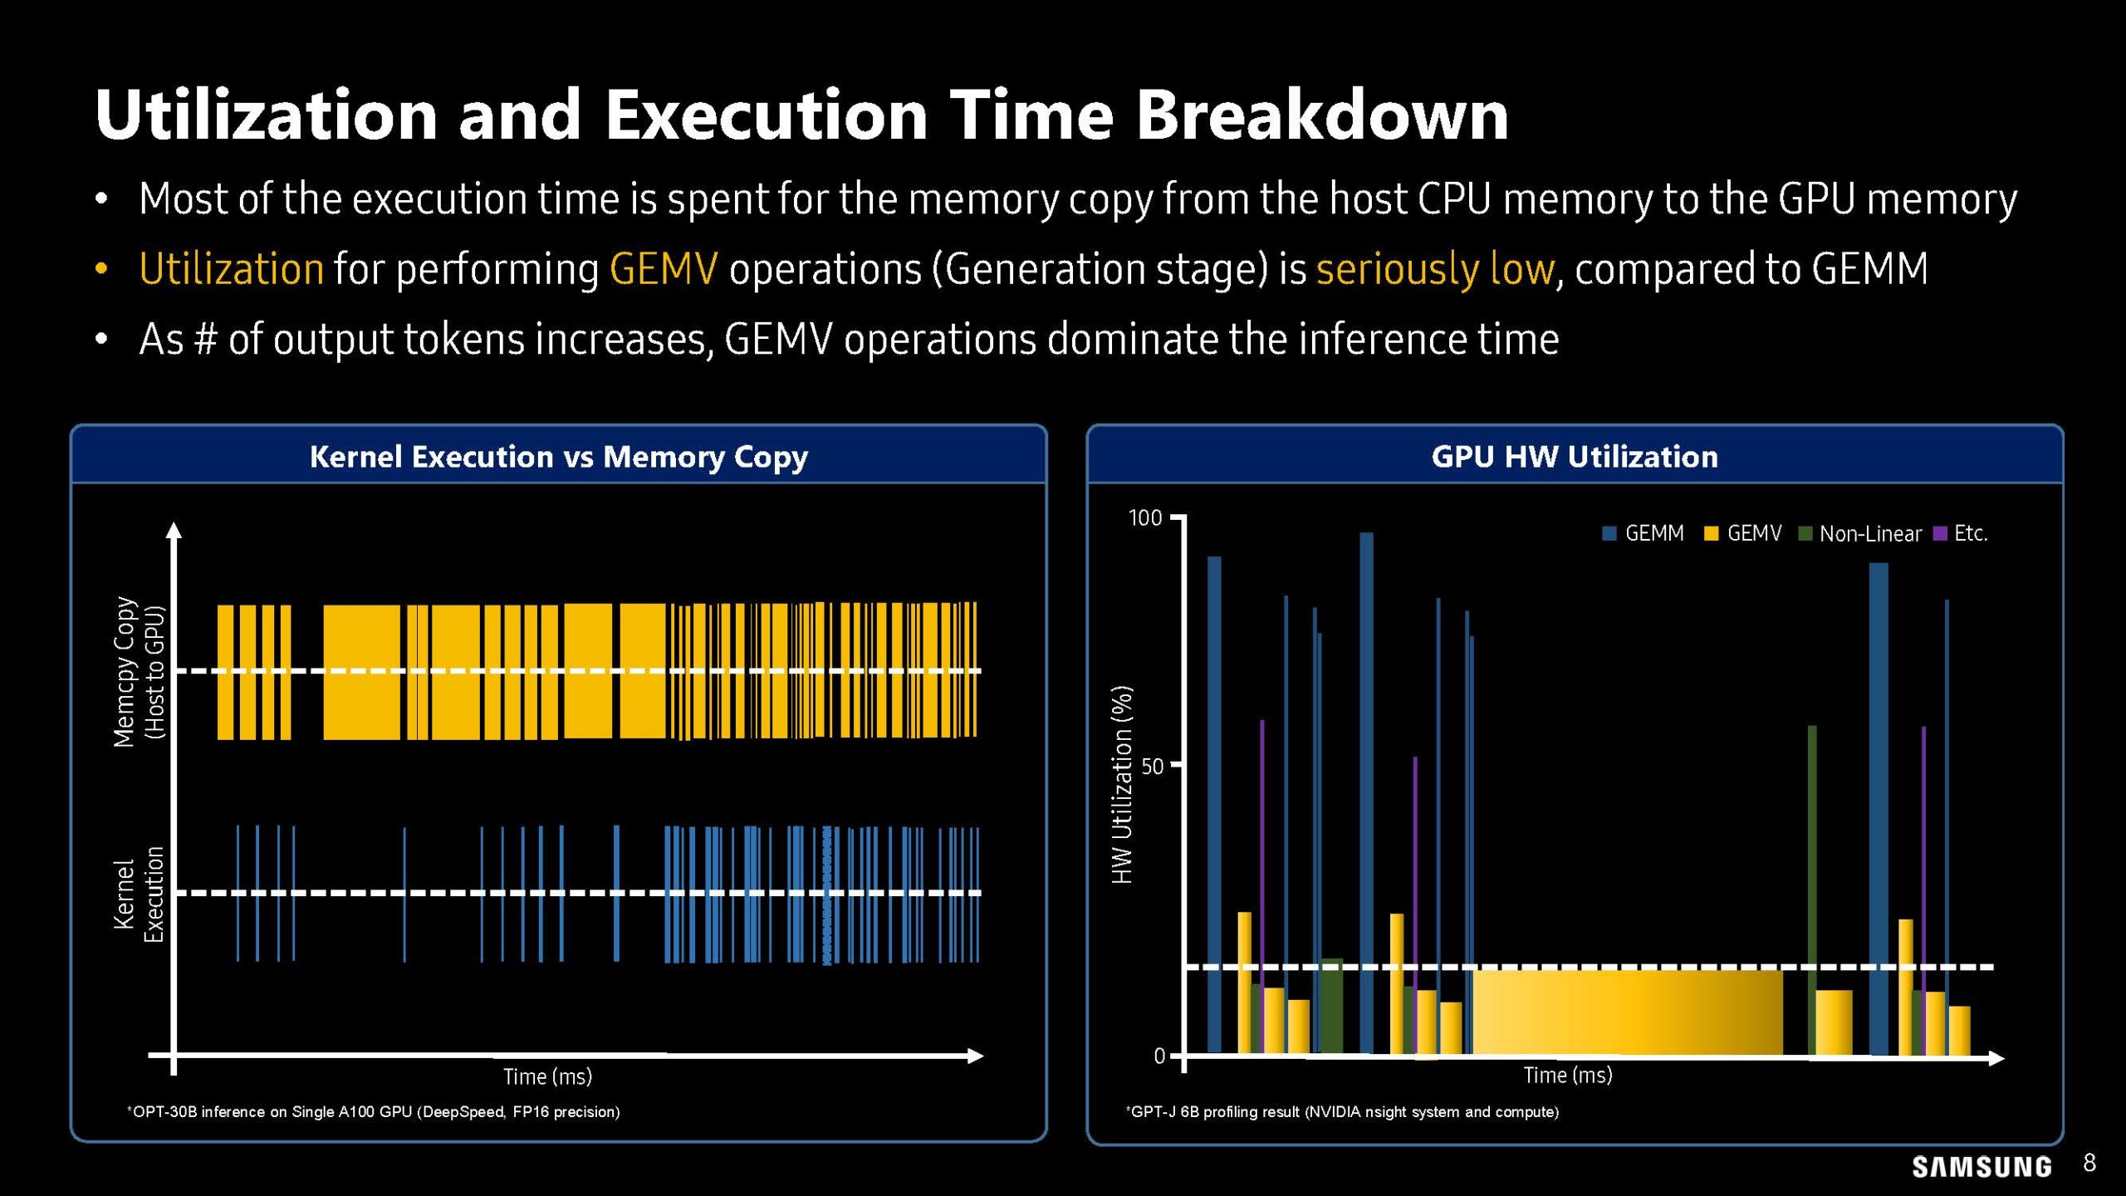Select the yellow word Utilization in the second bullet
click(x=231, y=269)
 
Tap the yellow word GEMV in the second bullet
click(x=663, y=269)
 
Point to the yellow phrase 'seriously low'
click(x=1434, y=269)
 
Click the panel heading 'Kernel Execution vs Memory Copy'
click(x=558, y=457)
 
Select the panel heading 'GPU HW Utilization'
click(x=1574, y=457)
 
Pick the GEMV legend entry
click(x=1743, y=533)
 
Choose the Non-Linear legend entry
click(x=1860, y=533)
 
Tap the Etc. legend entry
click(x=1961, y=533)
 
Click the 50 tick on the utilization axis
click(x=1152, y=766)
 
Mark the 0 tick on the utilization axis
click(x=1159, y=1056)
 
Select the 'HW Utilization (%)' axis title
click(x=1122, y=785)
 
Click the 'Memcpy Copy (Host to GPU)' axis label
click(x=139, y=671)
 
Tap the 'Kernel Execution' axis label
click(x=139, y=895)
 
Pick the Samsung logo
click(x=1981, y=1167)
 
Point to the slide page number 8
click(x=2089, y=1163)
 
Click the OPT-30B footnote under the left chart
click(x=374, y=1111)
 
